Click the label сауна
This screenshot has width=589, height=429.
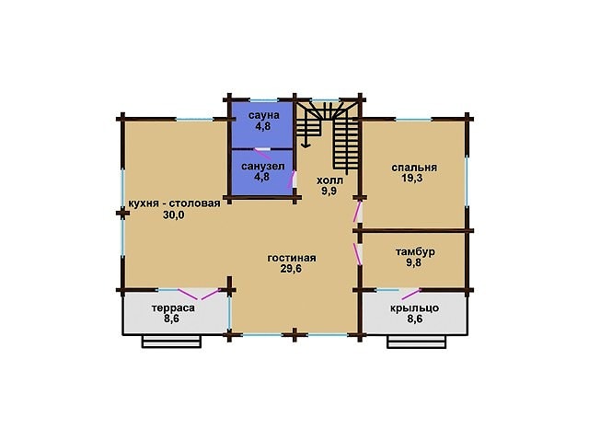264,115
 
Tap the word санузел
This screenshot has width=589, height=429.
262,167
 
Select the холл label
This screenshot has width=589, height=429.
329,180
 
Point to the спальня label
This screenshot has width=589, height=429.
414,168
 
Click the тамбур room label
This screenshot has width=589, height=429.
415,251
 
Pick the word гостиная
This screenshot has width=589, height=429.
292,258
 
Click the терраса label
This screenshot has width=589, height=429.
173,308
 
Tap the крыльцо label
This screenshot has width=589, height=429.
414,308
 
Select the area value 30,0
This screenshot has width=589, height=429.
174,214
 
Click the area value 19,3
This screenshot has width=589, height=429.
412,178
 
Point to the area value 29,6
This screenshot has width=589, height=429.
291,269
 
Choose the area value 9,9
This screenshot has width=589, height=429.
329,191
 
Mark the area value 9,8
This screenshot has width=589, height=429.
413,262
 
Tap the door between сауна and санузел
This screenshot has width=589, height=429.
262,153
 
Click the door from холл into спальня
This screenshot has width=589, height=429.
357,212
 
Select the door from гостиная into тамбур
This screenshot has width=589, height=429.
357,254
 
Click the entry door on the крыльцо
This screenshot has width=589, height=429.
410,295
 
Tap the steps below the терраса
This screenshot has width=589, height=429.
171,342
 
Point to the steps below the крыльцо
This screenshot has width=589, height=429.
417,342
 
